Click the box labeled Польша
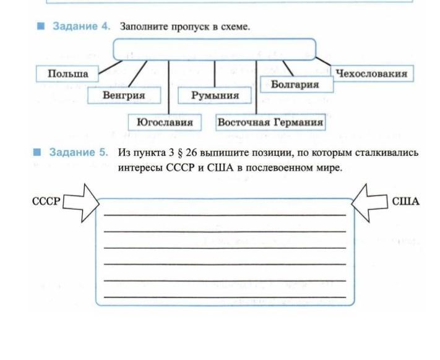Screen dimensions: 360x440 [x=68, y=74]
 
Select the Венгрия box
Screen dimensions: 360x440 [x=124, y=95]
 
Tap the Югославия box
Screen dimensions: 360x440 [x=165, y=122]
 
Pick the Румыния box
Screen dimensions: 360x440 [x=215, y=95]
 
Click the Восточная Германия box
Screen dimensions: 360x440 [x=270, y=122]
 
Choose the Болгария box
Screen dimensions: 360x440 [x=295, y=84]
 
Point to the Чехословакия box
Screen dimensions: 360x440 [x=371, y=74]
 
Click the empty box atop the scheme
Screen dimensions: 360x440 [x=214, y=49]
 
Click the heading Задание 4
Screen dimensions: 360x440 [x=81, y=27]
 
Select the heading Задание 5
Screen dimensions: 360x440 [x=79, y=152]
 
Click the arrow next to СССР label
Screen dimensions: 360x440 [x=82, y=202]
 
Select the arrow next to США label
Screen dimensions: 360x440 [x=369, y=202]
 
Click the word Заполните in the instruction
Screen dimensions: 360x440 [x=142, y=27]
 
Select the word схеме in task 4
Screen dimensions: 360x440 [x=235, y=27]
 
